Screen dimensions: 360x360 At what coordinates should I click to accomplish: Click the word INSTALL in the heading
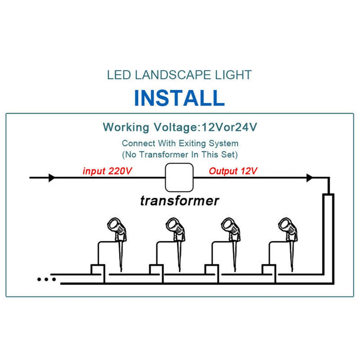[x=179, y=98]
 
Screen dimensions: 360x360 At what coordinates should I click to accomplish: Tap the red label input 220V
[x=107, y=171]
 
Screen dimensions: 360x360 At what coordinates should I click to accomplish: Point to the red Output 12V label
[x=233, y=171]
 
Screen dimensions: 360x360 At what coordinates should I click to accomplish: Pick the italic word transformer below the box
[x=179, y=201]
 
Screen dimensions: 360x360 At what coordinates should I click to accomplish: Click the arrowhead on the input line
[x=52, y=178]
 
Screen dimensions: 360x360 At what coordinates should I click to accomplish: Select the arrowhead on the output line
[x=310, y=178]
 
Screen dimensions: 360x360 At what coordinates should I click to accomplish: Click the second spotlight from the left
[x=176, y=243]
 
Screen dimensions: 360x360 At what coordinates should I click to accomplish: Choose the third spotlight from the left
[x=231, y=243]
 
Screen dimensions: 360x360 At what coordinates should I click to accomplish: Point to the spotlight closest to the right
[x=289, y=243]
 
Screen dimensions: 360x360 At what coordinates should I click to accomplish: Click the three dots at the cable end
[x=47, y=279]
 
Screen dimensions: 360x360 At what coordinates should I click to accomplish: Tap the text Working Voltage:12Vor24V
[x=180, y=127]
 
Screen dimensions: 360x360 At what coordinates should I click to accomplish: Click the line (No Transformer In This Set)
[x=180, y=154]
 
